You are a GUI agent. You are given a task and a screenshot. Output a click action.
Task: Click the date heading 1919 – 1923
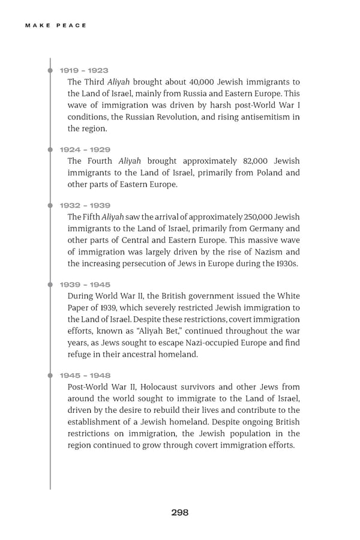[84, 70]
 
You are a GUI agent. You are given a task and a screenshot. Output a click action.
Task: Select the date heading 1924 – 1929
[85, 149]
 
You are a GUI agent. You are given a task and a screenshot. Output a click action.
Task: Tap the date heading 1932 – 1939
[85, 205]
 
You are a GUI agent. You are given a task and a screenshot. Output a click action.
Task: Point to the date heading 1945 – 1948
[85, 376]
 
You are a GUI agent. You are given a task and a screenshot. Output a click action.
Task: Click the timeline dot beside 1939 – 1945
[50, 285]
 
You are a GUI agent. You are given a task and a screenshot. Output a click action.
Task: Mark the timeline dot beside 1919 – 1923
[50, 71]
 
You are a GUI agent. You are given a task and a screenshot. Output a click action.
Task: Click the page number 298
[180, 512]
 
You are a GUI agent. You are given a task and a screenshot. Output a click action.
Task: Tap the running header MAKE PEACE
[56, 25]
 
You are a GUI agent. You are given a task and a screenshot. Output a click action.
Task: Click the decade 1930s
[286, 263]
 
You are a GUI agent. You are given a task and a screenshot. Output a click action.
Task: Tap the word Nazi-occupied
[223, 343]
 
